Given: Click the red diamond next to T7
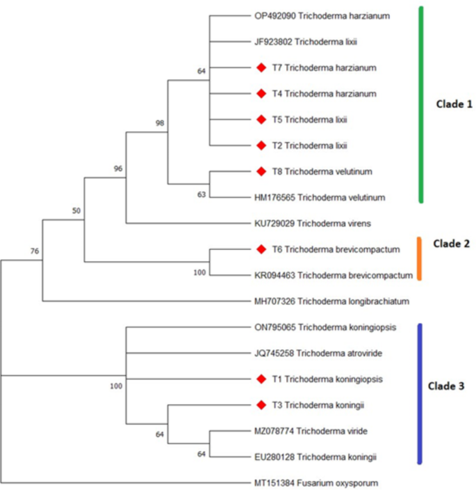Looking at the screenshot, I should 261,68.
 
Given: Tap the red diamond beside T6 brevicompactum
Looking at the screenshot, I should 261,248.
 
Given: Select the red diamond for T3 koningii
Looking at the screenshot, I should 261,404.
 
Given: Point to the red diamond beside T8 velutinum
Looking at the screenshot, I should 261,171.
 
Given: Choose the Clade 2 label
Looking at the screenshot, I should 452,244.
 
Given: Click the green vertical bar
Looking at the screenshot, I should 420,104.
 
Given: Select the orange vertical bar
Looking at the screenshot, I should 420,258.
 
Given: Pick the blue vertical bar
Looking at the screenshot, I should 420,393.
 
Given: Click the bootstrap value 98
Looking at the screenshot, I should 160,123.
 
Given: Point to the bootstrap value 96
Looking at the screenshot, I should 118,168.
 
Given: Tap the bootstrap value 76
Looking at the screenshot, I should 35,251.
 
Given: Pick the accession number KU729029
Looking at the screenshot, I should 276,223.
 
